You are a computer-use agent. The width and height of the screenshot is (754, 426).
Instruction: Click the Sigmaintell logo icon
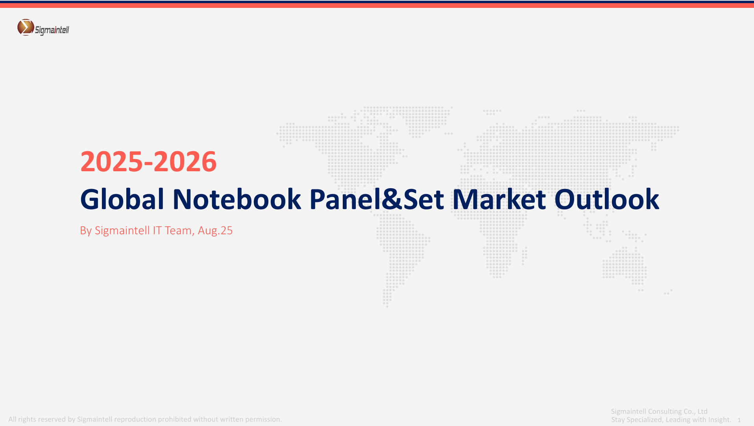26,27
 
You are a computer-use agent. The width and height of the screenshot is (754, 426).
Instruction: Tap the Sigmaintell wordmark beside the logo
52,30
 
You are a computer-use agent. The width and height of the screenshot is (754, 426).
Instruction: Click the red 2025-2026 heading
148,161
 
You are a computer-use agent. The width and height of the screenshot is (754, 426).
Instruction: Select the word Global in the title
122,199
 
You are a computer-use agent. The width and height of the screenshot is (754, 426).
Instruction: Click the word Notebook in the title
237,199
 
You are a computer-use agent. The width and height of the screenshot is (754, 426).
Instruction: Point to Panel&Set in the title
377,199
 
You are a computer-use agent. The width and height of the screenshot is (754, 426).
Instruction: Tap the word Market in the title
499,199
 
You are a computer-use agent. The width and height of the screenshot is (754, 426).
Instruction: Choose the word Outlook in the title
606,199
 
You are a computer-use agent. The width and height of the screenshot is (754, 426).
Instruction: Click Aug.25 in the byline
215,230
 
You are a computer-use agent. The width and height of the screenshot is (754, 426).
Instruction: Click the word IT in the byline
157,230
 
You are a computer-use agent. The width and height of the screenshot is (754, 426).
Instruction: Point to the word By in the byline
86,231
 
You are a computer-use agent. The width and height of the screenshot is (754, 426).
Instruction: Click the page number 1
739,420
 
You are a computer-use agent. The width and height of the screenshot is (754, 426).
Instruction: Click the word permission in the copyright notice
264,420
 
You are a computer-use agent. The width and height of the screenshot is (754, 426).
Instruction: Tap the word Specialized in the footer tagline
644,420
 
